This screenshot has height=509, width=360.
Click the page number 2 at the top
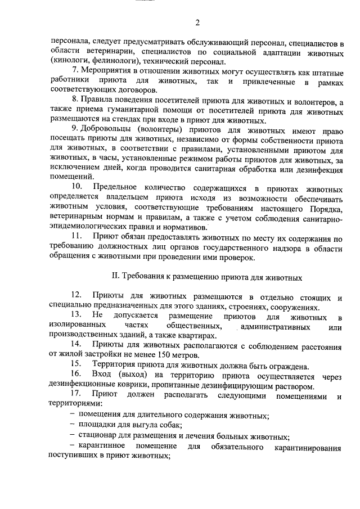[x=197, y=23]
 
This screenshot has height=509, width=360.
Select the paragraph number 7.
[x=77, y=71]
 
